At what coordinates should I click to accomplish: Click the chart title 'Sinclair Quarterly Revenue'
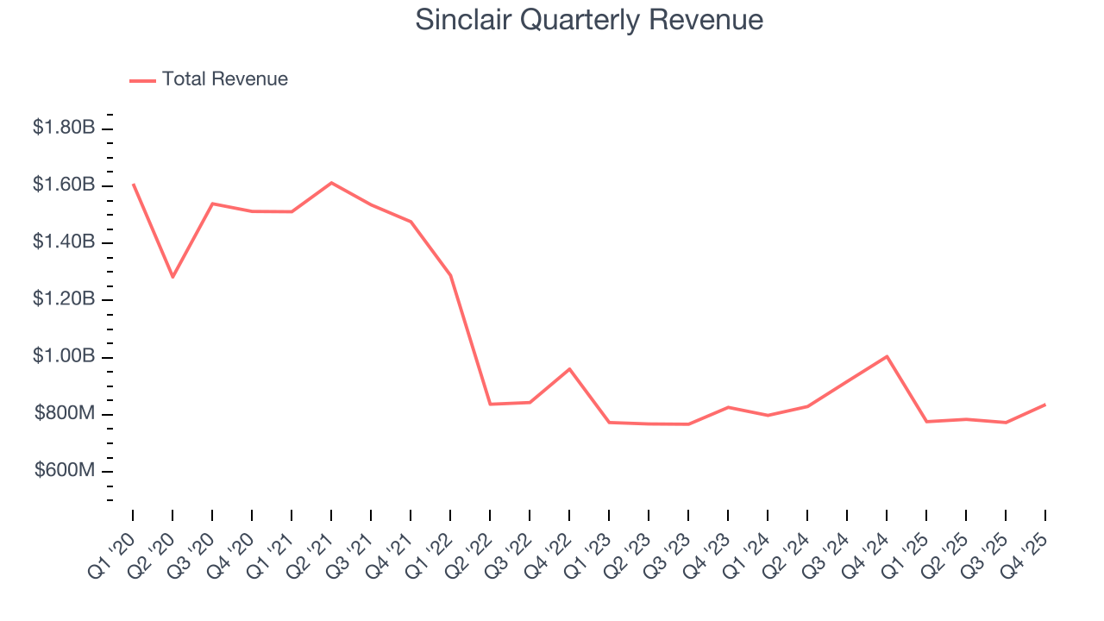coord(589,20)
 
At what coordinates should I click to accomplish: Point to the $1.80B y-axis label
coord(64,128)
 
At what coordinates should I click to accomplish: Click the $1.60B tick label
coord(64,185)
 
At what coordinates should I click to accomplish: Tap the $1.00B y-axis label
coord(64,357)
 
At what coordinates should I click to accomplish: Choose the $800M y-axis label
coord(65,414)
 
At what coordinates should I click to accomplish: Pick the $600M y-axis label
coord(65,471)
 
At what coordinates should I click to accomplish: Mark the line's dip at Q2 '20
coord(172,277)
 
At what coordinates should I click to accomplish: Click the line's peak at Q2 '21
coord(331,183)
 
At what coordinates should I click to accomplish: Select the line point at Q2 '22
coord(490,404)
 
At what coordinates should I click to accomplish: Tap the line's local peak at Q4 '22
coord(569,369)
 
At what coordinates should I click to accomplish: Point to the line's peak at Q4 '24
coord(887,356)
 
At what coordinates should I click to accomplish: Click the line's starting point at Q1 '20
coord(133,184)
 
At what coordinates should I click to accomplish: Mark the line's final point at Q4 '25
coord(1045,404)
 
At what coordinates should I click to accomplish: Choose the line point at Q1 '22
coord(450,275)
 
